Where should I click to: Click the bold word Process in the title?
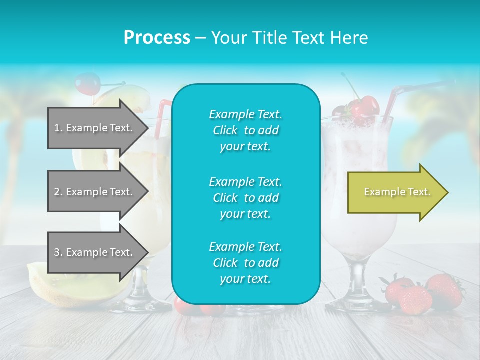(x=157, y=37)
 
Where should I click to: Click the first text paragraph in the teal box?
(x=245, y=130)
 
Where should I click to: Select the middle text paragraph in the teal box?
(x=245, y=198)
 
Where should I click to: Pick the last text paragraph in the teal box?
(x=245, y=263)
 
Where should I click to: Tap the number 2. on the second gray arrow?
(x=58, y=192)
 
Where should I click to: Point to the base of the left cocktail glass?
(x=145, y=302)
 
